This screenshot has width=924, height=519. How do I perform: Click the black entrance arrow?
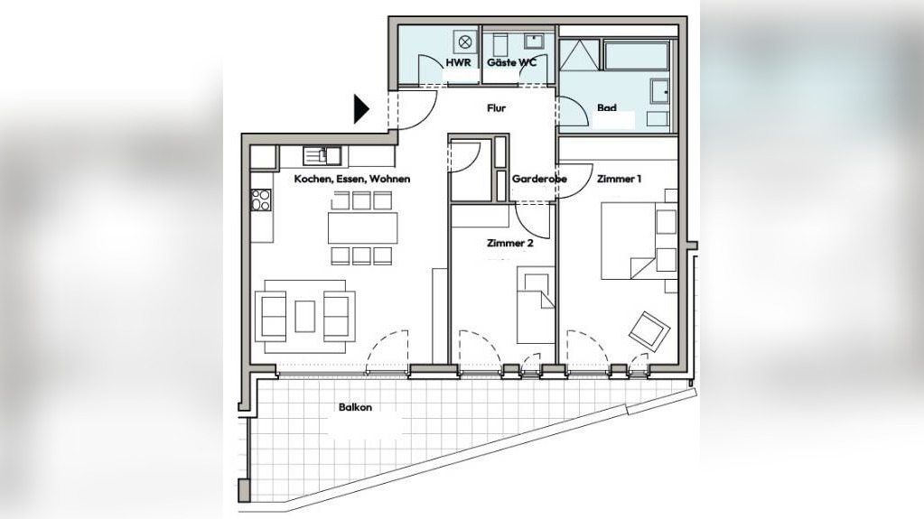(x=360, y=109)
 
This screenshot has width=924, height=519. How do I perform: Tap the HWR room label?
(x=459, y=62)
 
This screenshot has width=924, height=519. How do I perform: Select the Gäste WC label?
(x=511, y=62)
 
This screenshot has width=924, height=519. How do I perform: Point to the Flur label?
(x=496, y=108)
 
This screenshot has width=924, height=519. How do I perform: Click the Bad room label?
(x=606, y=107)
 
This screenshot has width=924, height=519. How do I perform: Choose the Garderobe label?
(x=539, y=179)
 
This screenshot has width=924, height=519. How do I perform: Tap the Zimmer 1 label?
(x=619, y=179)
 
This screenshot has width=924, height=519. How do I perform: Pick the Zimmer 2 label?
(x=509, y=243)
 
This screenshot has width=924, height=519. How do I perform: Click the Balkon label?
(x=355, y=407)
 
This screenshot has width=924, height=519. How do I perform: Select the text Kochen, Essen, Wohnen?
(x=351, y=179)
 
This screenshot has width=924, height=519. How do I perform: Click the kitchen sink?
(x=322, y=155)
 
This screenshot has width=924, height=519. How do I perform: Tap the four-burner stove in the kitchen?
(x=260, y=199)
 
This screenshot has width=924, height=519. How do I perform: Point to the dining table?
(x=362, y=227)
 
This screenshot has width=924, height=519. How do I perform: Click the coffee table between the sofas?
(x=304, y=316)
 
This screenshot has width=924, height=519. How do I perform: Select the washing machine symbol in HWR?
(x=465, y=42)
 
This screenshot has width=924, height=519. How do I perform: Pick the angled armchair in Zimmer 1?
(x=649, y=330)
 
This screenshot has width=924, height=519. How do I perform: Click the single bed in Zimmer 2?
(x=536, y=304)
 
